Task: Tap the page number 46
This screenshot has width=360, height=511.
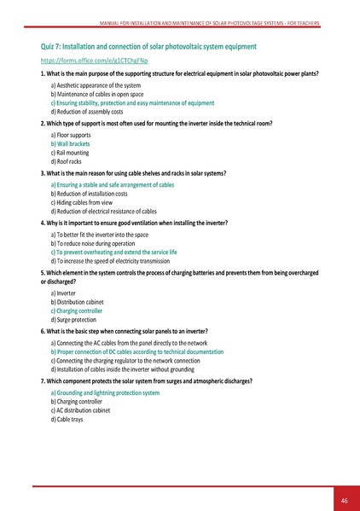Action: pyautogui.click(x=343, y=500)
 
